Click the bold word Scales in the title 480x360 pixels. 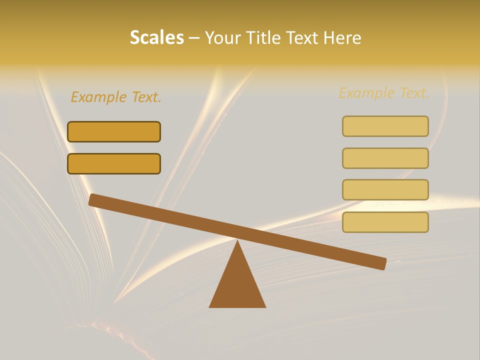point(157,37)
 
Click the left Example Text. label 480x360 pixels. point(116,97)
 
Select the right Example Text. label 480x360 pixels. point(384,93)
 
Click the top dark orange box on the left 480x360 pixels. point(114,131)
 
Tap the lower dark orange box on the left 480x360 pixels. point(114,163)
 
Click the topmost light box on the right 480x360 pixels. point(385,126)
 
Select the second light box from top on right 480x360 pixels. point(385,158)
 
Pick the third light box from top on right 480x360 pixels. point(385,190)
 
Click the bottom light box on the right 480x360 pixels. point(385,222)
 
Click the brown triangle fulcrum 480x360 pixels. point(237,285)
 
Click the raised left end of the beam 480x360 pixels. point(93,200)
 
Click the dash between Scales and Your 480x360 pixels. point(194,38)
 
